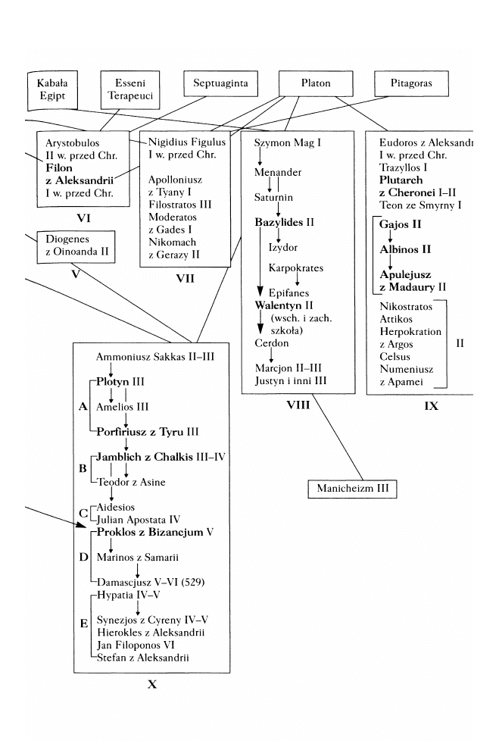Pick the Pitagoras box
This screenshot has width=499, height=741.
(x=413, y=83)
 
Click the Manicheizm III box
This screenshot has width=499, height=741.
(x=353, y=489)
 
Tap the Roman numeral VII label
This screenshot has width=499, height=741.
(x=185, y=278)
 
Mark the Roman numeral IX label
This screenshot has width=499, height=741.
(x=432, y=406)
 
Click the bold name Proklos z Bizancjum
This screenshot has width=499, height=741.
(x=151, y=533)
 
